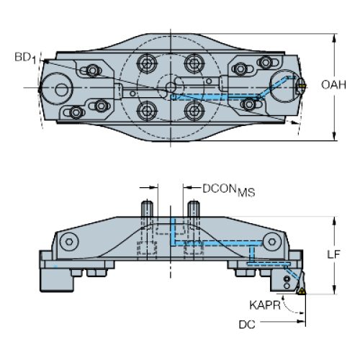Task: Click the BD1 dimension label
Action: coord(25,58)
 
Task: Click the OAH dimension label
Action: coord(333,85)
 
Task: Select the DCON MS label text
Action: coord(229,190)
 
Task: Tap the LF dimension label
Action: coord(334,254)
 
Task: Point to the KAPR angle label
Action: coord(265,305)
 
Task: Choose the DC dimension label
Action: coord(247,325)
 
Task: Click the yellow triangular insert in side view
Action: coord(301,292)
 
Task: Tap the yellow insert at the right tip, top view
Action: coord(302,85)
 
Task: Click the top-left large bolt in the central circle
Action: coord(147,63)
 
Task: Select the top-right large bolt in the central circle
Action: coord(194,63)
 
